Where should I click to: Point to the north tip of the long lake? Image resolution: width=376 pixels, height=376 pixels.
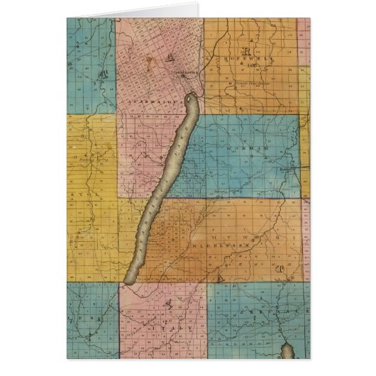point(191,95)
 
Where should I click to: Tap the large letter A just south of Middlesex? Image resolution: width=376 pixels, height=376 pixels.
point(221,274)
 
